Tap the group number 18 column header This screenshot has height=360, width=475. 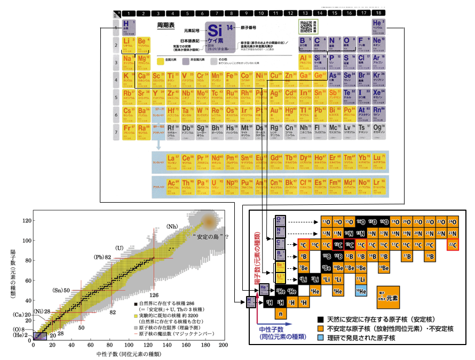coord(378,13)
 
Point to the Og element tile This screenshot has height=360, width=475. coord(378,131)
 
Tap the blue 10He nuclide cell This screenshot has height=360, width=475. coord(360,291)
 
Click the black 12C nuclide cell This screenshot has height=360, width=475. coord(337,245)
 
